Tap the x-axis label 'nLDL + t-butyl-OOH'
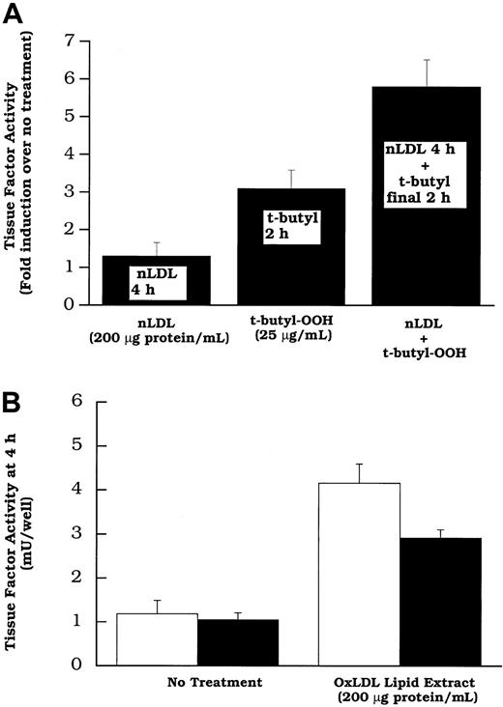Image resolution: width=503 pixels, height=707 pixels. tap(418, 341)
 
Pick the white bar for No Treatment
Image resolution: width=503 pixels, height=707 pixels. tap(143, 638)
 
